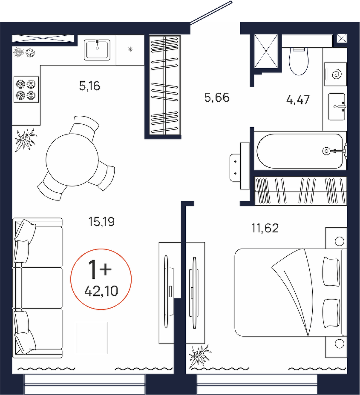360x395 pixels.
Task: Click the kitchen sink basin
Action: (97, 50)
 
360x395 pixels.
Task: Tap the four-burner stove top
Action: (26, 89)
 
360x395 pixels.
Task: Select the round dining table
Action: (72, 160)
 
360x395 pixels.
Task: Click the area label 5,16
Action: (89, 86)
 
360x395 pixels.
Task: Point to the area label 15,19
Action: (101, 222)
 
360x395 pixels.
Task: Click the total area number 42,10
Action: (101, 291)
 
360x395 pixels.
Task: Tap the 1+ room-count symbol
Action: (100, 269)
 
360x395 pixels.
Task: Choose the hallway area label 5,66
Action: (217, 97)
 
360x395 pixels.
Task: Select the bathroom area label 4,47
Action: (298, 100)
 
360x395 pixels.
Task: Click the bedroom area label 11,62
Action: (265, 228)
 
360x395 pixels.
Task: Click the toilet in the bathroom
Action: (299, 61)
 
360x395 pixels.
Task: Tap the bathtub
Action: (300, 151)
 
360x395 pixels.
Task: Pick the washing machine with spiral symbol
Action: (336, 74)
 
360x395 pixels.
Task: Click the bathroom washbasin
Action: (337, 107)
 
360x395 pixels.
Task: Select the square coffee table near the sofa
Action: (92, 338)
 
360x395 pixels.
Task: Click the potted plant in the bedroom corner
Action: (200, 356)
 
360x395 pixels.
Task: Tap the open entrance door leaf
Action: (211, 13)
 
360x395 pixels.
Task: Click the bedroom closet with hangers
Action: (301, 190)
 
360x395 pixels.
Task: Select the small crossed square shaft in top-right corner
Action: (342, 39)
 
